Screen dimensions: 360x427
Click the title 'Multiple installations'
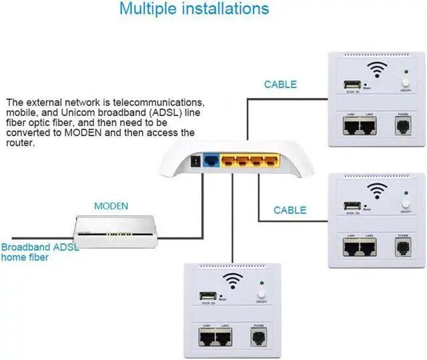[x=194, y=9]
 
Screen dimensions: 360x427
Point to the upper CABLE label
[x=280, y=85]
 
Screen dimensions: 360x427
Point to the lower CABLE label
[x=290, y=210]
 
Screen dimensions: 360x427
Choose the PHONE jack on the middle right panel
[x=403, y=247]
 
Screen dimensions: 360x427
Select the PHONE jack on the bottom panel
[x=258, y=337]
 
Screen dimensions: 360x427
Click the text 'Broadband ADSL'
[x=38, y=247]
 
